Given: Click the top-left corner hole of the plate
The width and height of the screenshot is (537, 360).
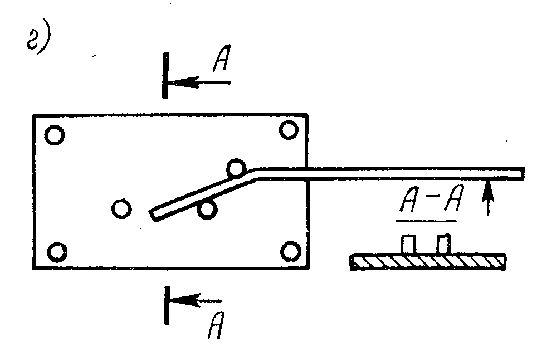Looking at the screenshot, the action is click(x=55, y=135).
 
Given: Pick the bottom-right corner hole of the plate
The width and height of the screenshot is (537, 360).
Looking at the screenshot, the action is click(x=290, y=251).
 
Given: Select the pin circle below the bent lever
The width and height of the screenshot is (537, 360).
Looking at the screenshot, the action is click(x=207, y=209).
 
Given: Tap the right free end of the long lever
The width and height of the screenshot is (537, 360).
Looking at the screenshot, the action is click(x=521, y=174).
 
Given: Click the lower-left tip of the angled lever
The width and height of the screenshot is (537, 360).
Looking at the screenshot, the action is click(x=154, y=215).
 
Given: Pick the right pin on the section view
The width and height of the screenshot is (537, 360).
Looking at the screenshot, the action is click(x=443, y=244).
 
